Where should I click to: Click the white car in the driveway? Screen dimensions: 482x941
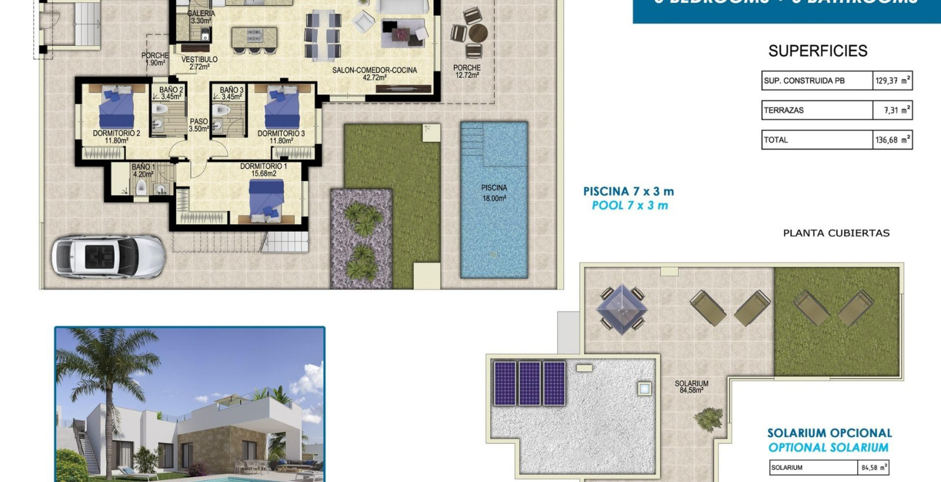(x=108, y=256)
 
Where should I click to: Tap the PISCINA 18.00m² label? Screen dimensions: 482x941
(x=493, y=193)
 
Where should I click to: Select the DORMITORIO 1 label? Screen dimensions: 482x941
(x=263, y=170)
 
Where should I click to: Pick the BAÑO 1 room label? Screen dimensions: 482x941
(x=143, y=170)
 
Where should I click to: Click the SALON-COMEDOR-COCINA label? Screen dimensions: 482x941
(x=375, y=73)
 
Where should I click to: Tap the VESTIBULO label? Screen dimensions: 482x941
(x=199, y=63)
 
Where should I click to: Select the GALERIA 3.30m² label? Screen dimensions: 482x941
(x=201, y=17)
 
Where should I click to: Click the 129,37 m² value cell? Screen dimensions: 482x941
(x=892, y=81)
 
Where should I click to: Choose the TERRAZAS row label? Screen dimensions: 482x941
(x=784, y=110)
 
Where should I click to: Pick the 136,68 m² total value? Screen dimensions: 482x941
(x=892, y=140)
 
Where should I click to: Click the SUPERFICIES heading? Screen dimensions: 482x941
(x=817, y=51)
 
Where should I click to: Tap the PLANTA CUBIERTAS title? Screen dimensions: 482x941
(x=836, y=233)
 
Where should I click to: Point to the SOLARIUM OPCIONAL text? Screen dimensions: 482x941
(x=829, y=433)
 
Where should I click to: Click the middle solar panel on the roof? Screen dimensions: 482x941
(x=529, y=383)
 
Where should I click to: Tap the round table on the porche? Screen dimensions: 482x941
(x=476, y=33)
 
